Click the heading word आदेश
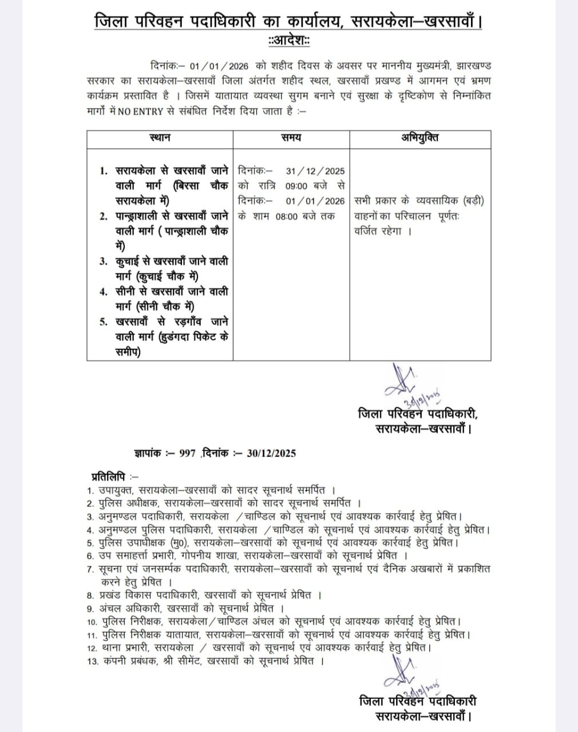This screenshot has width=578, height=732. pyautogui.click(x=289, y=41)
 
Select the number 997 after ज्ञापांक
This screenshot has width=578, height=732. pyautogui.click(x=187, y=453)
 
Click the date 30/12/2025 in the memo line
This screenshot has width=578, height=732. pyautogui.click(x=271, y=453)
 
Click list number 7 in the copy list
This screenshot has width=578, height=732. pyautogui.click(x=90, y=570)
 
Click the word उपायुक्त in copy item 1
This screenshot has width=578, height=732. pyautogui.click(x=118, y=490)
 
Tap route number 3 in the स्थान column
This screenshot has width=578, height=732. pyautogui.click(x=104, y=262)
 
